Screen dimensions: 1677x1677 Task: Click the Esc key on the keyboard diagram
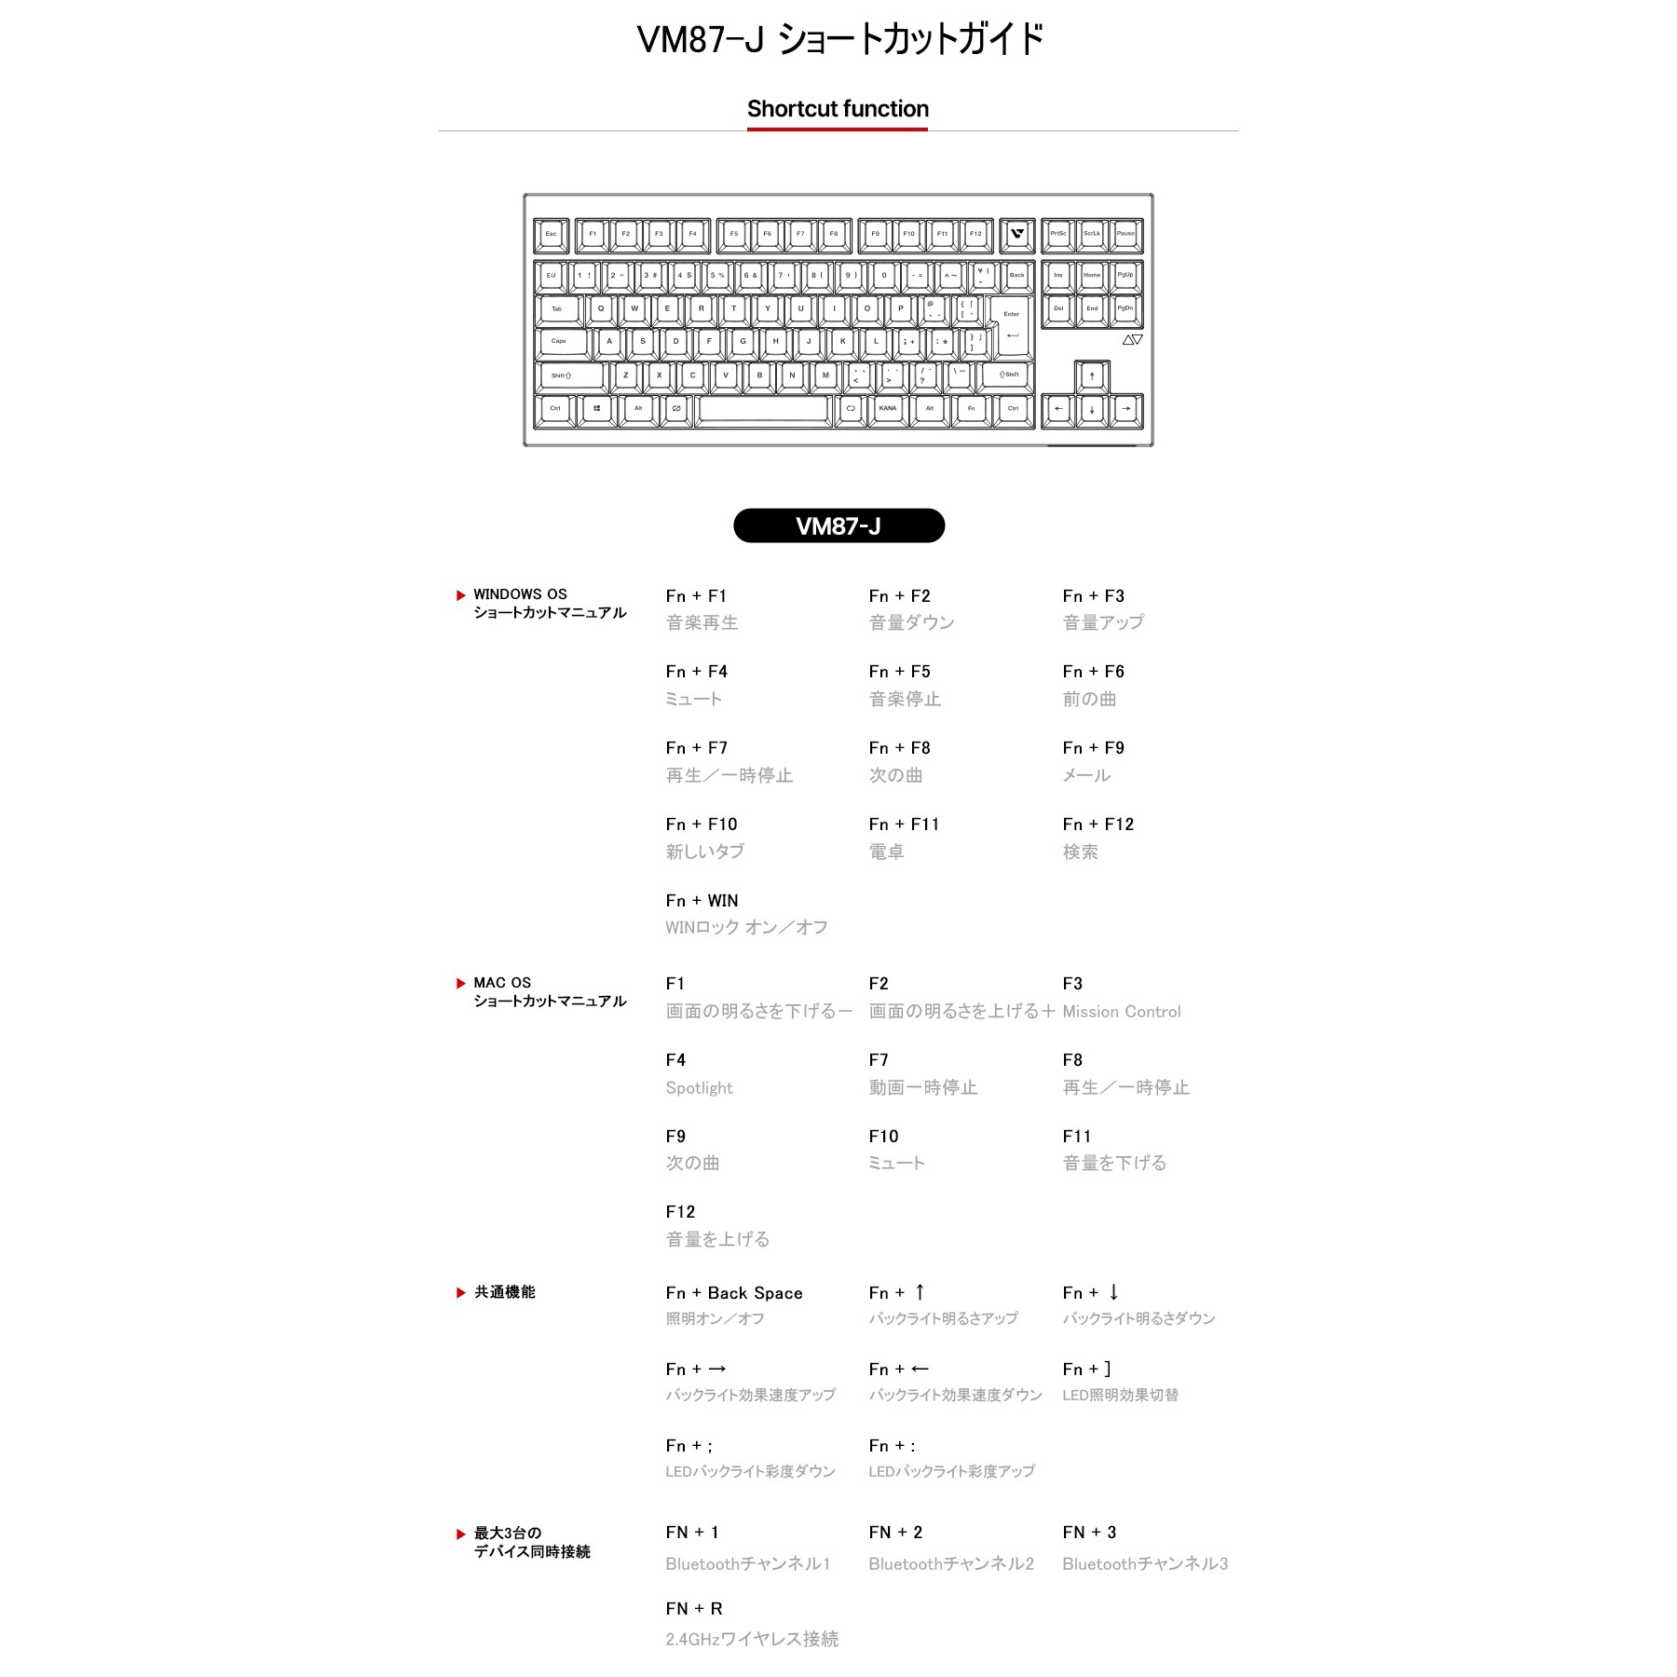pyautogui.click(x=551, y=234)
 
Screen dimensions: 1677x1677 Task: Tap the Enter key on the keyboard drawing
pyautogui.click(x=1012, y=326)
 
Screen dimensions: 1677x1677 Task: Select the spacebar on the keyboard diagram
pyautogui.click(x=763, y=408)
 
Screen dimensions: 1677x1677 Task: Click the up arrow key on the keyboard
pyautogui.click(x=1092, y=376)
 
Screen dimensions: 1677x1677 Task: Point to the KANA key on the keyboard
pyautogui.click(x=887, y=408)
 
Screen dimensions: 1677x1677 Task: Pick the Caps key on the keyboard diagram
pyautogui.click(x=561, y=341)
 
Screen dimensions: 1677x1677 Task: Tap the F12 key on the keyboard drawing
pyautogui.click(x=975, y=234)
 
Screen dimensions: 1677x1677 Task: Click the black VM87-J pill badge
pyautogui.click(x=838, y=525)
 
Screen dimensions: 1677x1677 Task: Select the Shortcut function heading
pyautogui.click(x=838, y=109)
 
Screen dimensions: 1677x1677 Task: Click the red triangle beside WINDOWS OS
pyautogui.click(x=460, y=595)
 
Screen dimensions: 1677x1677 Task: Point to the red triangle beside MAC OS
pyautogui.click(x=460, y=984)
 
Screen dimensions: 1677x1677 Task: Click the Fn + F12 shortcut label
pyautogui.click(x=1098, y=825)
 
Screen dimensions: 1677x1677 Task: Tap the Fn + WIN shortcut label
pyautogui.click(x=702, y=901)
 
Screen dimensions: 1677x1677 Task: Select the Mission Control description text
pyautogui.click(x=1121, y=1012)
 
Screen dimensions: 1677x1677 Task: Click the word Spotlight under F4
pyautogui.click(x=699, y=1088)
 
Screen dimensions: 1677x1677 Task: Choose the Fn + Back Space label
pyautogui.click(x=733, y=1293)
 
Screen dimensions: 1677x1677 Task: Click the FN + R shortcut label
pyautogui.click(x=693, y=1609)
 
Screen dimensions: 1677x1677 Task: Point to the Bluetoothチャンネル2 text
pyautogui.click(x=950, y=1564)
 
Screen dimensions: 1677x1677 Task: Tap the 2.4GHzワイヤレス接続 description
pyautogui.click(x=751, y=1639)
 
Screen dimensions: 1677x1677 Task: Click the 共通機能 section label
pyautogui.click(x=504, y=1292)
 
